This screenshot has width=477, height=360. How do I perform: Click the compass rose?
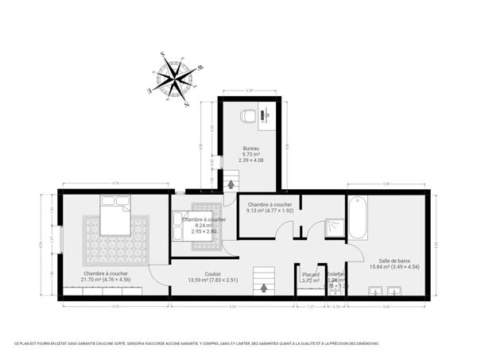pyautogui.click(x=174, y=79)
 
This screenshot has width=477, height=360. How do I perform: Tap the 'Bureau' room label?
pyautogui.click(x=251, y=149)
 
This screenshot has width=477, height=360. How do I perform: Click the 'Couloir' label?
pyautogui.click(x=213, y=273)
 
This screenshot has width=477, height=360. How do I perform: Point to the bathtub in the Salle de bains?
pyautogui.click(x=358, y=217)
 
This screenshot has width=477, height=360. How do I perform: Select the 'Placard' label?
pyautogui.click(x=310, y=274)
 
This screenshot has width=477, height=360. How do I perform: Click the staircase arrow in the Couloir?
pyautogui.click(x=262, y=287)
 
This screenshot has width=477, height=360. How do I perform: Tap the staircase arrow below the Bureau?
pyautogui.click(x=231, y=184)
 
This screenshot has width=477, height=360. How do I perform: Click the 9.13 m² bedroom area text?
pyautogui.click(x=271, y=211)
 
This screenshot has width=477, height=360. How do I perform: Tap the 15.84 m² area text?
pyautogui.click(x=394, y=266)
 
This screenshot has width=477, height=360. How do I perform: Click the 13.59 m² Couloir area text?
pyautogui.click(x=212, y=279)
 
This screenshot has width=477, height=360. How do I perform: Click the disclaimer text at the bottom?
pyautogui.click(x=196, y=343)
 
